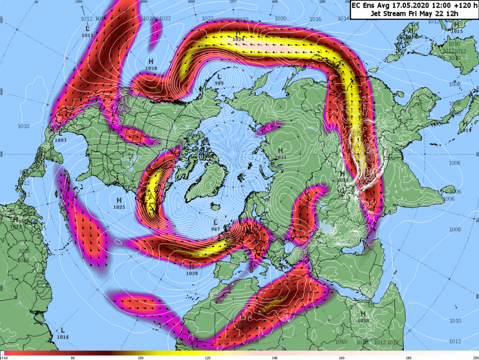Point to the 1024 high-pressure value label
tap(238, 39)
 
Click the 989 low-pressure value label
tap(219, 83)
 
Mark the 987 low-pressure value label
tap(216, 229)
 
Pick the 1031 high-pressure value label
tap(280, 157)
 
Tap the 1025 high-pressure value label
tap(119, 207)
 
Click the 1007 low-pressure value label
tap(60, 140)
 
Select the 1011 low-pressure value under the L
tap(88, 35)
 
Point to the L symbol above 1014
tap(63, 330)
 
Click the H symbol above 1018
tap(363, 314)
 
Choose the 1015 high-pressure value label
tap(456, 31)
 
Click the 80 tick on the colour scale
tap(72, 358)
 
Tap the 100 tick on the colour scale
tap(140, 358)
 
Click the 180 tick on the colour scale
tap(409, 358)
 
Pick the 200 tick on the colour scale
tap(474, 358)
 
